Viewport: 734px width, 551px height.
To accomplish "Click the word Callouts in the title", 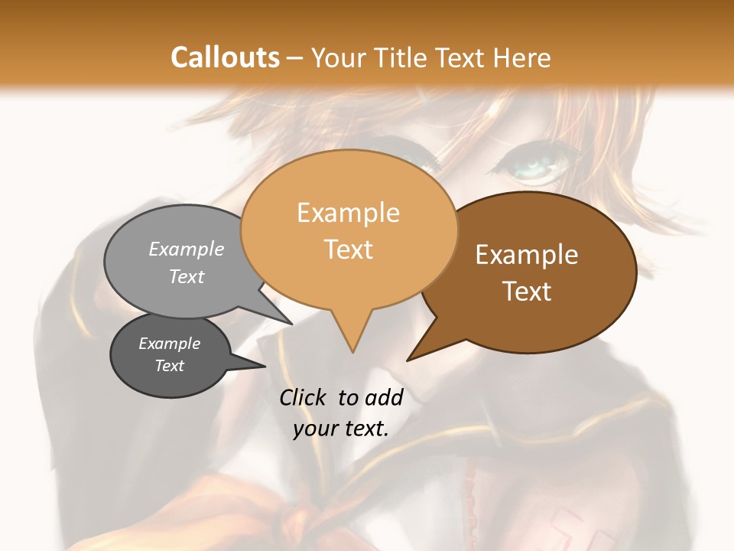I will tap(225, 57).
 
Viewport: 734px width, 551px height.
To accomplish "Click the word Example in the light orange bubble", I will tap(348, 213).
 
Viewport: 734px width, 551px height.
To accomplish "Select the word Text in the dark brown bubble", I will tap(527, 292).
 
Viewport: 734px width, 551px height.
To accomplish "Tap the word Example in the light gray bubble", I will tap(187, 249).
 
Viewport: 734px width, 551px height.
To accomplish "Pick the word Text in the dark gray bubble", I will tap(170, 366).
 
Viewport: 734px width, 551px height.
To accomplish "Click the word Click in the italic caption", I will tap(304, 397).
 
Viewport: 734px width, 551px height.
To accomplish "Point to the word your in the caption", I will tap(315, 429).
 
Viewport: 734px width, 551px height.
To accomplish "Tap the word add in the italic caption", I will tap(383, 397).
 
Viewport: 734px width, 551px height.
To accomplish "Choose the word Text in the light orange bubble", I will tap(348, 249).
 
